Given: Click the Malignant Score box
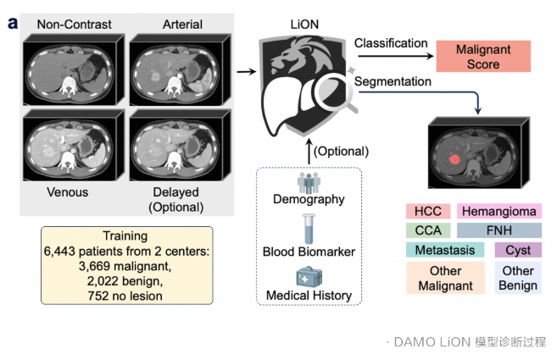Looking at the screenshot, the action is pos(483,56).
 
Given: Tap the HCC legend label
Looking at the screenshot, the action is pos(428,211).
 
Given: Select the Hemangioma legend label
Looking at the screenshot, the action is pos(499,211).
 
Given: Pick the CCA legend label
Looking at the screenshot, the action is pos(428,230).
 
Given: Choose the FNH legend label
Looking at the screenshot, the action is pos(499,230).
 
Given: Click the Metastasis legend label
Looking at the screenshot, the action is pos(445,250).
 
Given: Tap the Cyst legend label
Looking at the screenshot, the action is pos(518,250).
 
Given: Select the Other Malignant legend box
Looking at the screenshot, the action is pos(445,278).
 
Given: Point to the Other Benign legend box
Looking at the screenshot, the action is pos(518,278).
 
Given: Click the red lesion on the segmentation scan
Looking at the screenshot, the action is pos(454,159).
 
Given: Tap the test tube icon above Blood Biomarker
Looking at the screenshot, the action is pos(309,229).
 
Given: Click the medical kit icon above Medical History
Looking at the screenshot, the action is pos(309,277).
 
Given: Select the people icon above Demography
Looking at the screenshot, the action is pos(309,182).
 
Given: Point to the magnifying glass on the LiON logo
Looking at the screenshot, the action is pos(334,91).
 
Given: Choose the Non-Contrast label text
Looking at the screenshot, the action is pos(75,25).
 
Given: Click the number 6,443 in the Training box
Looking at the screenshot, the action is pos(59,252).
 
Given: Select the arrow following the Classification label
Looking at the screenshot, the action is pos(395,56).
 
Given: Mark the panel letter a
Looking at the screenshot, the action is pos(13,24).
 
